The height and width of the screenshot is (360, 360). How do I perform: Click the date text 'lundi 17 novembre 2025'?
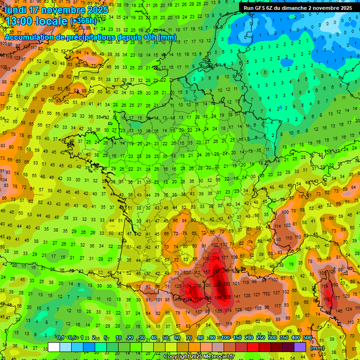point(56,10)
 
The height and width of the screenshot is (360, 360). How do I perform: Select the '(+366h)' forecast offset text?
point(83,21)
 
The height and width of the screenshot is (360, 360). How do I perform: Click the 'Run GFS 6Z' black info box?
point(298,8)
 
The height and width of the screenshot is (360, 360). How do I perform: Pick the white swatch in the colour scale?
point(54,347)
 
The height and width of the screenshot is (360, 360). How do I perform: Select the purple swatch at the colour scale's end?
point(300,347)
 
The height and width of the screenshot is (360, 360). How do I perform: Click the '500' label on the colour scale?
point(307,338)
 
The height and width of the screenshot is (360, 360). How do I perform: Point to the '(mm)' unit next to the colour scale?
point(317,348)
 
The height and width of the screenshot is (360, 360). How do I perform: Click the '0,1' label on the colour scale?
point(60,338)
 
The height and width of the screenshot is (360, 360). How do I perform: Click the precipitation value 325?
point(228,297)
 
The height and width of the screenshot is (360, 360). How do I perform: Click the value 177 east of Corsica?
point(337,298)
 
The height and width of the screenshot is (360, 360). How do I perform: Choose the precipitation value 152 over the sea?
point(267,294)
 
